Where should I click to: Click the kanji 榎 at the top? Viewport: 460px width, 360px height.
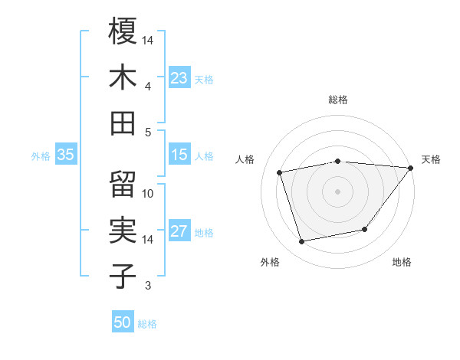[x=123, y=31]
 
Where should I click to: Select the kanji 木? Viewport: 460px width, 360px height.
[x=123, y=77]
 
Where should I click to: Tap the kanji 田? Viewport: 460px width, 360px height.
[x=123, y=123]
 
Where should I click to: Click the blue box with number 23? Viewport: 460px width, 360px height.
[x=179, y=78]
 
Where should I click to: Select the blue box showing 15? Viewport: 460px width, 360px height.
[x=179, y=155]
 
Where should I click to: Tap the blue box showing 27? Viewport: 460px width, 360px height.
[x=179, y=232]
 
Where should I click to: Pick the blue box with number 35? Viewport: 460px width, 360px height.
[x=66, y=155]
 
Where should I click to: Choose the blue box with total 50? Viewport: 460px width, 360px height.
[x=123, y=322]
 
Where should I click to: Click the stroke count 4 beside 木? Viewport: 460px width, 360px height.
[x=148, y=86]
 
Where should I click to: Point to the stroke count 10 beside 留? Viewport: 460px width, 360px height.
[x=148, y=194]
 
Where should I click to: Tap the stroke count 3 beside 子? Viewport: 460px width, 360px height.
[x=148, y=286]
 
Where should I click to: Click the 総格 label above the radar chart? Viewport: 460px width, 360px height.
[x=338, y=100]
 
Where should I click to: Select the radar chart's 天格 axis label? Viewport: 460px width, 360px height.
[x=431, y=159]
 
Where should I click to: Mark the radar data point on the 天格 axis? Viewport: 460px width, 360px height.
[x=410, y=168]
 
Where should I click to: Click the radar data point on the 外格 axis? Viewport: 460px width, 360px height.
[x=302, y=242]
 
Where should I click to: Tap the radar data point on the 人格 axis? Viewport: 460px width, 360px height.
[x=280, y=172]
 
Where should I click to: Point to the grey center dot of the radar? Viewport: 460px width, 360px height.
[x=338, y=191]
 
